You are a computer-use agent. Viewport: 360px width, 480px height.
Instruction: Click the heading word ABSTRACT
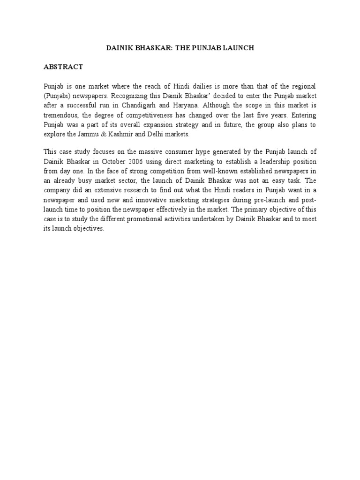point(63,67)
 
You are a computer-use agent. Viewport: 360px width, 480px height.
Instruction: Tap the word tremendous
point(60,115)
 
